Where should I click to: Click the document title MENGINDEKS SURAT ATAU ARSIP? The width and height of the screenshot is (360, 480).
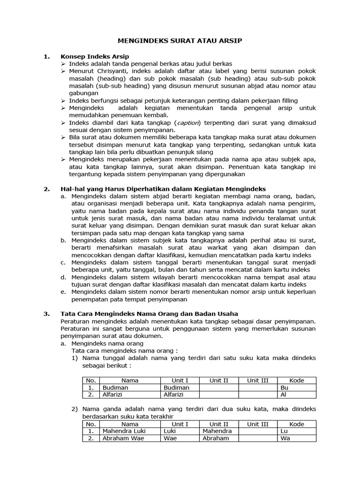click(180, 41)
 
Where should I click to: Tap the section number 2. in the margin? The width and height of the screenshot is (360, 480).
click(46, 189)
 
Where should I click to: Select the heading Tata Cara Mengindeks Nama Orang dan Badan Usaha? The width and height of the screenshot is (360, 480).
click(150, 314)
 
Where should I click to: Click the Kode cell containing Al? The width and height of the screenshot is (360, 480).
click(284, 395)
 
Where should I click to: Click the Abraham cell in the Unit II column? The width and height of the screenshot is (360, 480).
click(216, 438)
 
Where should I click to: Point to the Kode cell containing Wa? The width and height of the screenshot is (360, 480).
click(285, 438)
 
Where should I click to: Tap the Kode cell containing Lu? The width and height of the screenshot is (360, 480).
click(284, 431)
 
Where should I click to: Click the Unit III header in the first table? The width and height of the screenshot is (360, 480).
click(258, 381)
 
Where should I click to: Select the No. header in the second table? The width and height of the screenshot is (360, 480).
click(91, 424)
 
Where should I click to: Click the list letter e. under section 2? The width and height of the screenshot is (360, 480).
click(63, 292)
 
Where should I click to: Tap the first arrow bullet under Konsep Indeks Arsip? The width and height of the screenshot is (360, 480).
click(64, 64)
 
